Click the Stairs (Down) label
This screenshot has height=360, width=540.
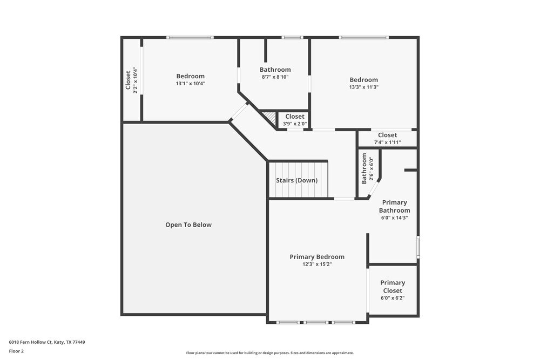[296, 180]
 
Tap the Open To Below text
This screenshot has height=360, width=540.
[188, 225]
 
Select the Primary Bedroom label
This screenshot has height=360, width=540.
[317, 257]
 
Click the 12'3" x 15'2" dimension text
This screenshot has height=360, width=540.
[317, 264]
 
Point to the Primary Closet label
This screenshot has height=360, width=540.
[393, 287]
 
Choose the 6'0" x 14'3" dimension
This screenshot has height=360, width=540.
[394, 218]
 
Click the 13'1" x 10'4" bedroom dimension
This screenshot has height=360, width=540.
[191, 84]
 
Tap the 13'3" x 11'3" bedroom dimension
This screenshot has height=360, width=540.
[364, 87]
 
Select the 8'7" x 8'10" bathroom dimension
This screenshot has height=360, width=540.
[275, 77]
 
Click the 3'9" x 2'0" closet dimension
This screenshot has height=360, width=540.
[295, 124]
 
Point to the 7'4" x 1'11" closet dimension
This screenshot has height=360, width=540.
[388, 142]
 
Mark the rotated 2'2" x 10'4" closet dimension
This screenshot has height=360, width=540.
[135, 80]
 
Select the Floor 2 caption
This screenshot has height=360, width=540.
[17, 351]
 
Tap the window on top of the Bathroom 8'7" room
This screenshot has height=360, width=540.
[292, 37]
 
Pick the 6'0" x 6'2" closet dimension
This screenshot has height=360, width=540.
[393, 297]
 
